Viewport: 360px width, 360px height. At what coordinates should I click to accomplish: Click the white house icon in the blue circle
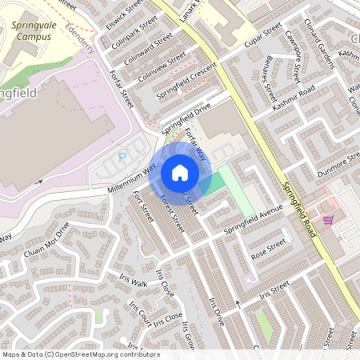point(180,173)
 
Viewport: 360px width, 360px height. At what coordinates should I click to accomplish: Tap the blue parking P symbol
point(122,158)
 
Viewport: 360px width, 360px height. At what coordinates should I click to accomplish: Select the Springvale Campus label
point(37,31)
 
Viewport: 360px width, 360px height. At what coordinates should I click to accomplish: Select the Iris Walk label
point(129,283)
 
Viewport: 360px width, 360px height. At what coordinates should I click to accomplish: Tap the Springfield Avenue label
point(254,220)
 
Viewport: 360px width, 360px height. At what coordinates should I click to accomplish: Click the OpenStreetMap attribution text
point(81,354)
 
